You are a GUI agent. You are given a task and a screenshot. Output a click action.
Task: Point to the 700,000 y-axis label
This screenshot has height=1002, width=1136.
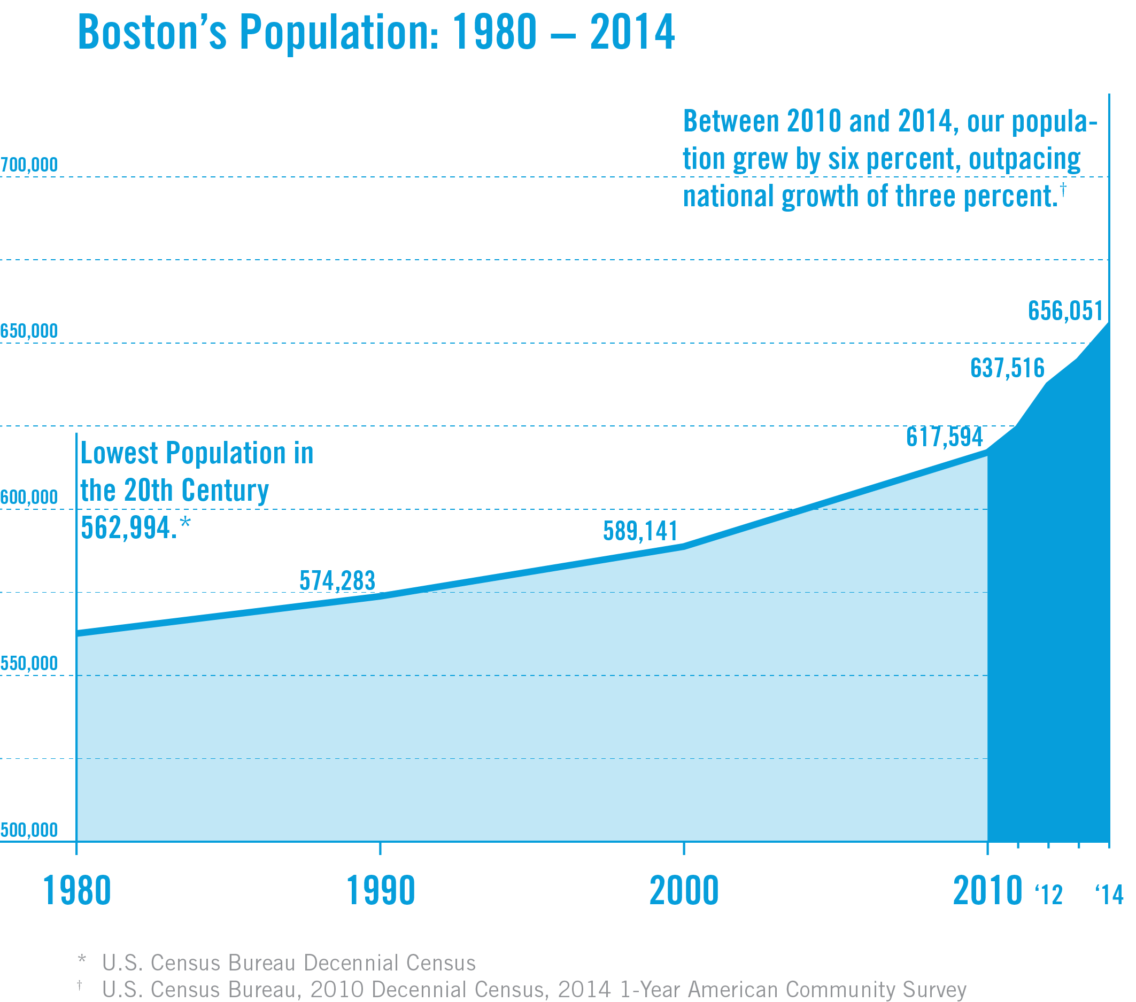[x=29, y=165]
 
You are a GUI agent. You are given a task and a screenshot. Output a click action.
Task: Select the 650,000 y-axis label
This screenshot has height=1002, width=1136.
[x=29, y=331]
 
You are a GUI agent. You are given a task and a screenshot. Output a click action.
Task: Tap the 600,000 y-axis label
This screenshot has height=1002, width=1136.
[x=29, y=497]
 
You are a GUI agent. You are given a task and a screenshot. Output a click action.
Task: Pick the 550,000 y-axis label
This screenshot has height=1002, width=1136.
[x=29, y=663]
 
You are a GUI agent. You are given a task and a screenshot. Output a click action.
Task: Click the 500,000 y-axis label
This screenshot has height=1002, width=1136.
[x=29, y=830]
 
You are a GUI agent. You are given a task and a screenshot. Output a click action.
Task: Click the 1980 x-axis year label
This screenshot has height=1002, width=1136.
[x=76, y=891]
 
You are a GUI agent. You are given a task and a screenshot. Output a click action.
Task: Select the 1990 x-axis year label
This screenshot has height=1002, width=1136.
[x=381, y=891]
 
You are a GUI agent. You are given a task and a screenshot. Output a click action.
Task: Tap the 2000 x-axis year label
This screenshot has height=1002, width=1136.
[x=684, y=891]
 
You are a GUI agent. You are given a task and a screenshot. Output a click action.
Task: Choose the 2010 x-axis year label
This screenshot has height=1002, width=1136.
[x=987, y=891]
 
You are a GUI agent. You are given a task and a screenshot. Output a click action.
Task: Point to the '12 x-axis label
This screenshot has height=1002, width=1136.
[x=1048, y=894]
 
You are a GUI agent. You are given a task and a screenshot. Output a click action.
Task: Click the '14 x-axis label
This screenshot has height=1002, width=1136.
[x=1109, y=894]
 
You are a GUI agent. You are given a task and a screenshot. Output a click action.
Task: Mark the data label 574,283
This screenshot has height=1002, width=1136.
[x=337, y=581]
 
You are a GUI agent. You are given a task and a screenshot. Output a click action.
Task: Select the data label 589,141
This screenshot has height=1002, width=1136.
[x=640, y=531]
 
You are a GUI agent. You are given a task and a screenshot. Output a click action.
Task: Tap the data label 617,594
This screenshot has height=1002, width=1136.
[x=944, y=437]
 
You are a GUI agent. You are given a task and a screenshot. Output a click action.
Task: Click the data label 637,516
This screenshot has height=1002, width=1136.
[x=1007, y=368]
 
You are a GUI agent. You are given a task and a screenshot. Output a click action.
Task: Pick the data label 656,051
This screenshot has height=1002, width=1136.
[x=1065, y=310]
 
